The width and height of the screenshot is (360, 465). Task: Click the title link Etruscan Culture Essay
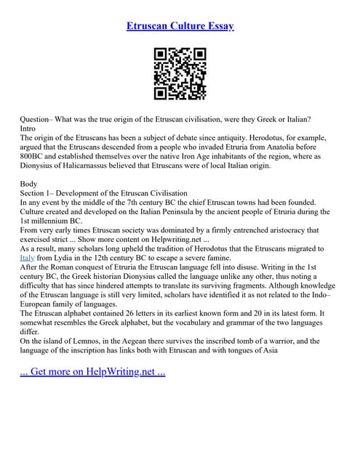point(180,26)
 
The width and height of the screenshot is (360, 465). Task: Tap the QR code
point(180,74)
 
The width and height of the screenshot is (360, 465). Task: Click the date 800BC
point(33,155)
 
